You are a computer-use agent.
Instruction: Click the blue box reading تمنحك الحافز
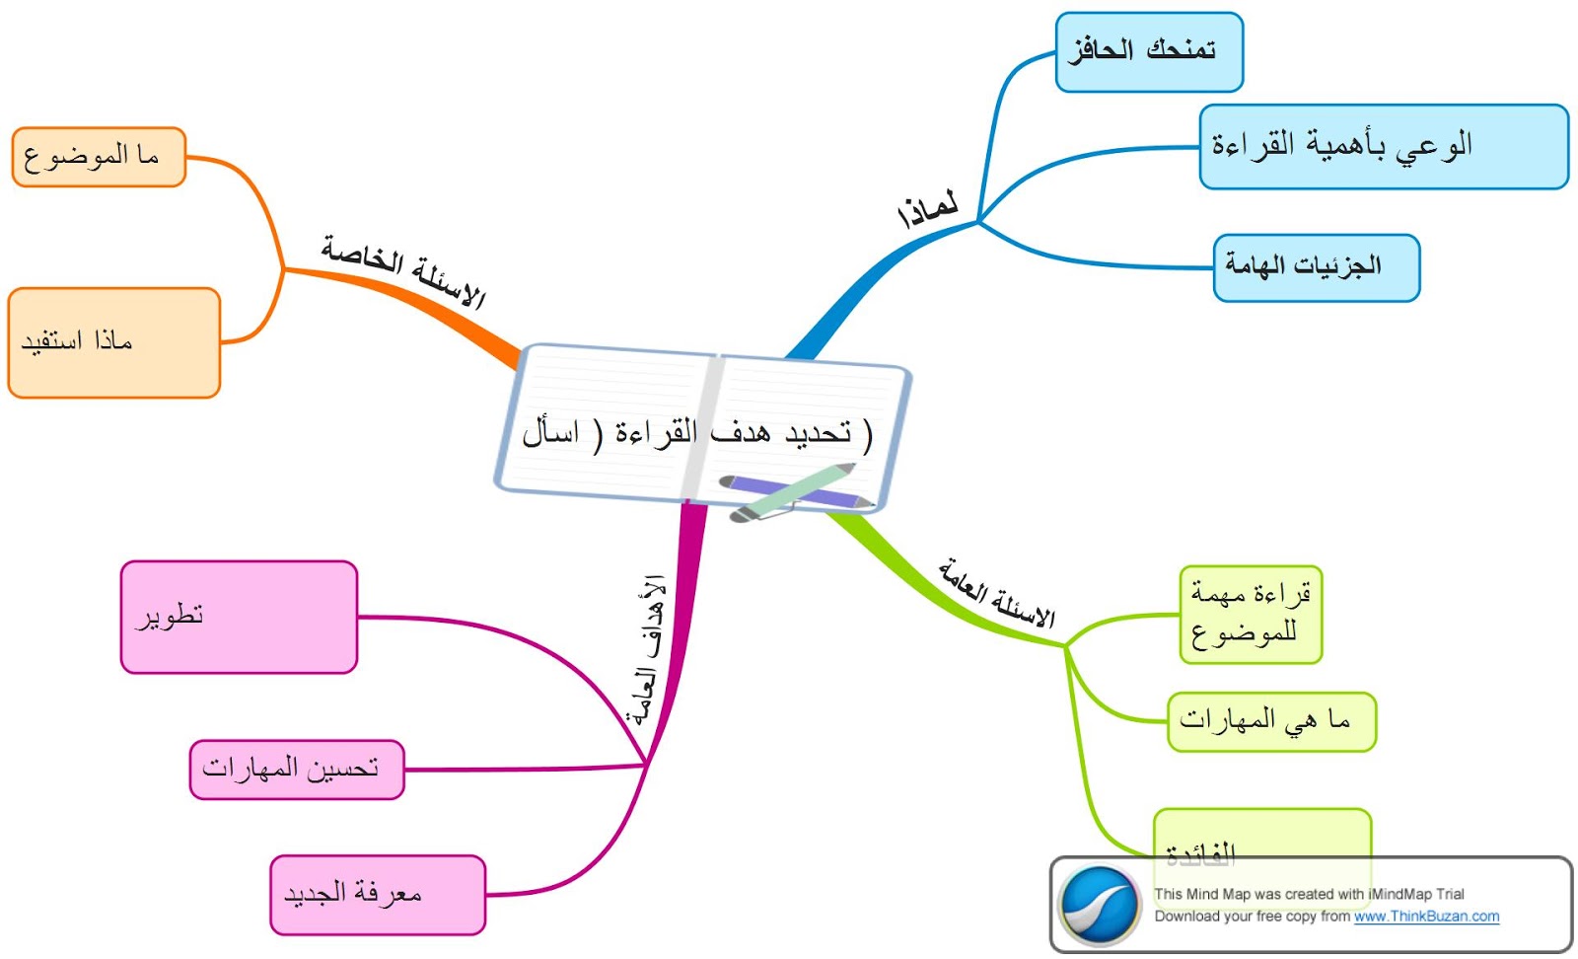(1148, 52)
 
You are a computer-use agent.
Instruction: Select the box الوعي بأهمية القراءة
(1383, 146)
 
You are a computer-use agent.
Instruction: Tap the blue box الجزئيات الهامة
(1316, 267)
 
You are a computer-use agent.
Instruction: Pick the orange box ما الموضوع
(98, 157)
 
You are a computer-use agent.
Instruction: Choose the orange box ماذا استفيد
(113, 342)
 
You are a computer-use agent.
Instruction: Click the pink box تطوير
(238, 617)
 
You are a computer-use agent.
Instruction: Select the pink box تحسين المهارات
(296, 769)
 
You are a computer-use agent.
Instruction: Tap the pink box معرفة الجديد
(377, 894)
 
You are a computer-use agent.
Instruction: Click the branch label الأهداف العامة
(648, 650)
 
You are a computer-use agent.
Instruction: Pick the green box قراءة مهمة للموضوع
(1250, 614)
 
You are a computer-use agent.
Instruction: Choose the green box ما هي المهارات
(1270, 721)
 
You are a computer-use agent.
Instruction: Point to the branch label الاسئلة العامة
(996, 592)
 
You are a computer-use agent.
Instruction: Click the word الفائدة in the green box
(1200, 852)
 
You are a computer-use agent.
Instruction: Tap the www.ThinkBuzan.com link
(1426, 917)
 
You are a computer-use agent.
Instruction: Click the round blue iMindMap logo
(1099, 904)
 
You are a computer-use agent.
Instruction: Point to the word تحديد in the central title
(818, 432)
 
